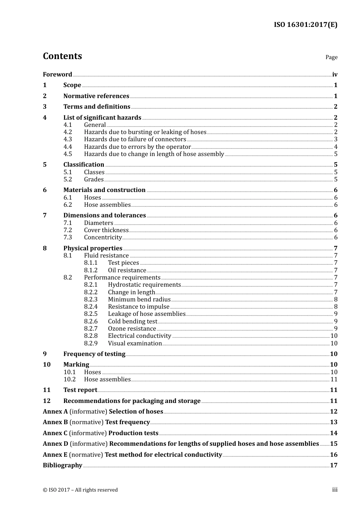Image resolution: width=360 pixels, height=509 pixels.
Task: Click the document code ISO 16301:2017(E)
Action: (x=305, y=25)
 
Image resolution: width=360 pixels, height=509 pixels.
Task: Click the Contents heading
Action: (x=62, y=56)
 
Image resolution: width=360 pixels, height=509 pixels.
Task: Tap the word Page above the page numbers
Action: (x=331, y=57)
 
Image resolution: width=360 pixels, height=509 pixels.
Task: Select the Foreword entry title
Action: (x=57, y=75)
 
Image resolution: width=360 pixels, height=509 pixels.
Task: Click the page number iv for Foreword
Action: (x=335, y=75)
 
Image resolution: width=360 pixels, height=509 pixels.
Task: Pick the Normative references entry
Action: (x=96, y=96)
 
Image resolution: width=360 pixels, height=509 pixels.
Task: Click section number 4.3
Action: (x=67, y=139)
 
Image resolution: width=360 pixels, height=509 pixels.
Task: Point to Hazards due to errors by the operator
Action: (x=137, y=147)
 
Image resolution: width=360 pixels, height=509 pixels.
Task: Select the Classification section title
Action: (x=84, y=165)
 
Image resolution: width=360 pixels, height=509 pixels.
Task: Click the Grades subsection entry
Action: (x=94, y=180)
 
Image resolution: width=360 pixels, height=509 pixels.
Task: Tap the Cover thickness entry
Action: (x=106, y=230)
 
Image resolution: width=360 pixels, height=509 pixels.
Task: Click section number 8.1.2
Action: (x=91, y=270)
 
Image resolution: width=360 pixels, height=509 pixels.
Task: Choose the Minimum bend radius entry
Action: (x=139, y=300)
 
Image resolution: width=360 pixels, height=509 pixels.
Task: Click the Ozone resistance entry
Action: (x=132, y=329)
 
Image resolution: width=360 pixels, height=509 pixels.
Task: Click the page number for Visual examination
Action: (x=334, y=343)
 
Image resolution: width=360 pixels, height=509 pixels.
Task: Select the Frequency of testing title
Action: (x=94, y=354)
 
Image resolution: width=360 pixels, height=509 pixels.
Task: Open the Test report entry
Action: (x=80, y=390)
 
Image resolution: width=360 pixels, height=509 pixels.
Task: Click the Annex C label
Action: (x=55, y=433)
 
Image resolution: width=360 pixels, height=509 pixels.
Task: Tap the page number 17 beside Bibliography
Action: (x=333, y=465)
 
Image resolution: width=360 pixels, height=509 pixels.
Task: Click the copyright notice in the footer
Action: (x=80, y=490)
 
